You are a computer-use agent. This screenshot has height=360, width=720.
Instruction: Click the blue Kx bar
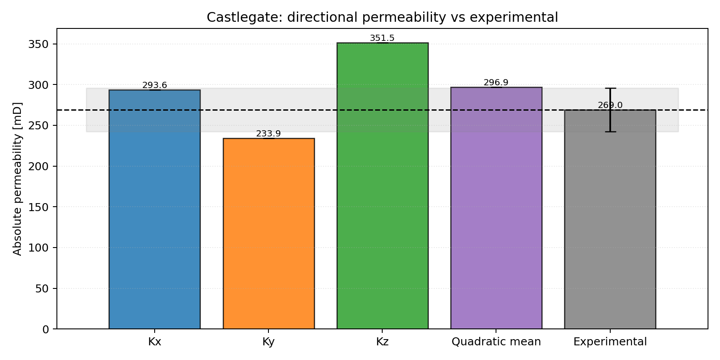(155, 209)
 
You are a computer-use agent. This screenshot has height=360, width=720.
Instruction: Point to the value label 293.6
(155, 85)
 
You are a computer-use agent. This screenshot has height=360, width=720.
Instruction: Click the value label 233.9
(268, 134)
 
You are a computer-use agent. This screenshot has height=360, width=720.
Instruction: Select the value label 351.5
(382, 38)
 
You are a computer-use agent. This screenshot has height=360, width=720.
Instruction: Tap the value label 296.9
(496, 83)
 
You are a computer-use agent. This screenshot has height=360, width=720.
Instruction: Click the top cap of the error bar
(610, 88)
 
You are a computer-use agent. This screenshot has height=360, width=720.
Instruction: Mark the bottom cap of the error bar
(610, 132)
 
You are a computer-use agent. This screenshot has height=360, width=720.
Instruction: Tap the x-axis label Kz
(382, 342)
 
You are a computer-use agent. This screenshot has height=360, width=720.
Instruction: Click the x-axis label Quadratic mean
(496, 342)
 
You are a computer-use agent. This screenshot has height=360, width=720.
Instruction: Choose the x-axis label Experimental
(610, 342)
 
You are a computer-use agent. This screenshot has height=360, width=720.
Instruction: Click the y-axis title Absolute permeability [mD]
(17, 179)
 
